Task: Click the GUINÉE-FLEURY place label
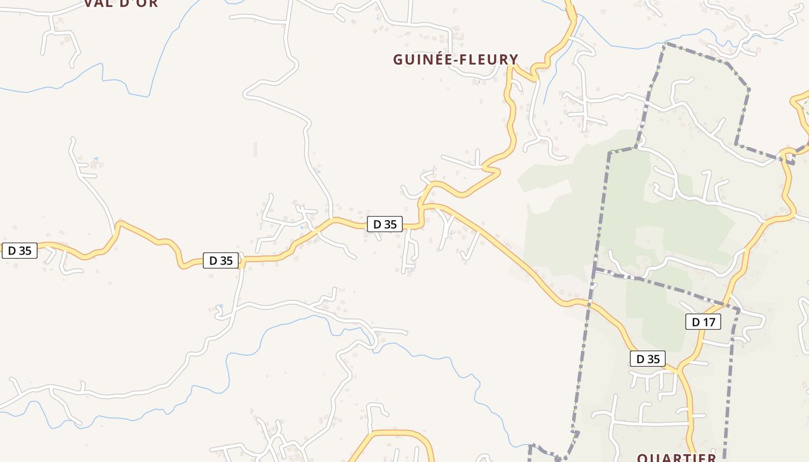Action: [455, 59]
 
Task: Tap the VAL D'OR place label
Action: [121, 3]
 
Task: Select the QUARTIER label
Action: [677, 457]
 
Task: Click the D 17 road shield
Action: [703, 322]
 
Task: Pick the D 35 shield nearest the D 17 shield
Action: [647, 359]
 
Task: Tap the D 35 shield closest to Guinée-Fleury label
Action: [385, 224]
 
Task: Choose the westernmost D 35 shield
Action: [20, 251]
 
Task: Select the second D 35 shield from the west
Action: [221, 260]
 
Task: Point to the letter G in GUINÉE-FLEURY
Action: [398, 59]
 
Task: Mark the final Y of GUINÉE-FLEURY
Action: [513, 59]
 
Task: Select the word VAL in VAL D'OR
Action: [98, 3]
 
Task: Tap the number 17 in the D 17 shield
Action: [709, 322]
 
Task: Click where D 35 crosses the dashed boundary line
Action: [590, 303]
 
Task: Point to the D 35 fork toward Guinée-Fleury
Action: [422, 206]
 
